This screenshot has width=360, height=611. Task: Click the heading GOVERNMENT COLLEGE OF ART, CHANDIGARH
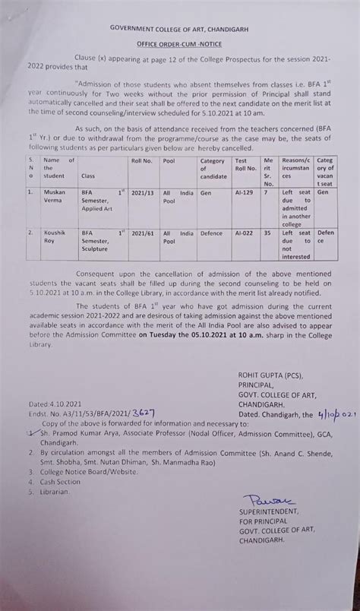(179, 27)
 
